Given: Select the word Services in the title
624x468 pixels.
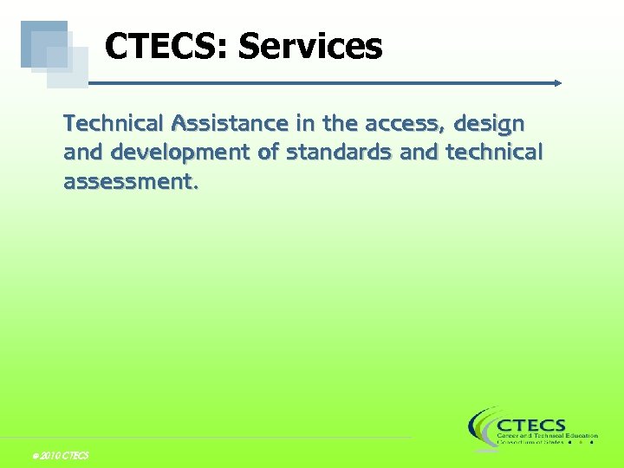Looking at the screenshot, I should [x=310, y=47].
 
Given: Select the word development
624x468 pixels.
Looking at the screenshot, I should [x=184, y=153].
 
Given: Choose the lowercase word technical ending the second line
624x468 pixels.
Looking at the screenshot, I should [x=494, y=153].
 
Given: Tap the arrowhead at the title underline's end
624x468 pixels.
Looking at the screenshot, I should [x=558, y=83].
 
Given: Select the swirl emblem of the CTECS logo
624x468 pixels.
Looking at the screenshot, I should [x=481, y=428].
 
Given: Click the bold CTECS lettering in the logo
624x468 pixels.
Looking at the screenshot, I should [x=531, y=426].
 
